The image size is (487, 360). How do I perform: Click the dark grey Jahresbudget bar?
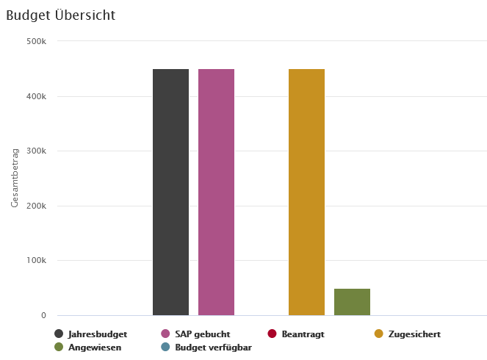pos(170,192)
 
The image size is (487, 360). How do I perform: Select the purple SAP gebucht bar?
pos(216,192)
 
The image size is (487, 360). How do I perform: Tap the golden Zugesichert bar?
pos(306,192)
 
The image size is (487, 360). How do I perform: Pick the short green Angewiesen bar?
pos(352,302)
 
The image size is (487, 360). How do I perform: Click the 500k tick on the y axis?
pos(37,41)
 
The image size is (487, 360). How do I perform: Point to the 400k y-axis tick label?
pos(37,96)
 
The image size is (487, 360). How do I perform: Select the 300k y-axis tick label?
pos(37,151)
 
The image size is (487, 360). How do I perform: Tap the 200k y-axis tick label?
pos(37,206)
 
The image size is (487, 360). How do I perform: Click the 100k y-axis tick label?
pos(37,261)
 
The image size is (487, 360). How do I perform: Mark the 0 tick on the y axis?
pos(43,316)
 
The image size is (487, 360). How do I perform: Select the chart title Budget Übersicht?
pos(60,15)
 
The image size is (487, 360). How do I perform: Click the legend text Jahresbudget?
pos(98,334)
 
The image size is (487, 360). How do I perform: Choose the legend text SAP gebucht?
pos(203,334)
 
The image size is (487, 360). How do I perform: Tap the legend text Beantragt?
pos(303,334)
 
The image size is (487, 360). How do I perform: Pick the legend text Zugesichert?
pos(414,334)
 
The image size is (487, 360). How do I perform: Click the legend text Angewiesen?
pos(95,348)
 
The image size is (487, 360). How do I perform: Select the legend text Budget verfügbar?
pos(213,348)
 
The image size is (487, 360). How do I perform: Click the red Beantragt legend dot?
pos(272,334)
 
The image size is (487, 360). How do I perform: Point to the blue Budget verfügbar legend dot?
pos(165,348)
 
